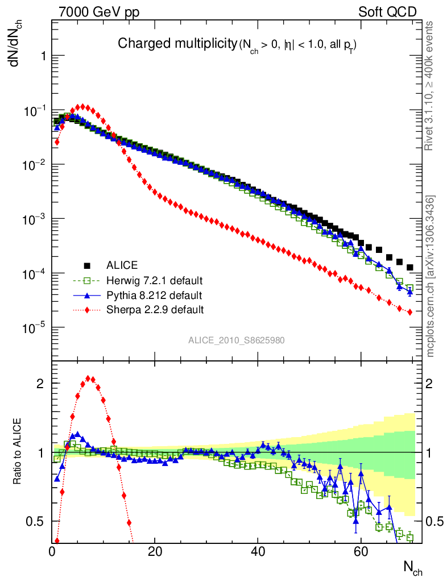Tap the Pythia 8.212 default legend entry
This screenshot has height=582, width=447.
tap(154, 295)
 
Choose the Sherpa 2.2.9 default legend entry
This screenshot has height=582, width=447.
tap(155, 310)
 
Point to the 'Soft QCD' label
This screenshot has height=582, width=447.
tap(387, 12)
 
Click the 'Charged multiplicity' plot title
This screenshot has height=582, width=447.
tap(176, 43)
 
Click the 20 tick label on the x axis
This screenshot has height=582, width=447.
tap(155, 551)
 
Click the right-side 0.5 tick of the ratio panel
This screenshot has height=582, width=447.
tap(435, 522)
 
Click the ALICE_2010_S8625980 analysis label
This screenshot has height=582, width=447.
tap(237, 340)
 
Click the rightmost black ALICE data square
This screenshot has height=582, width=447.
tap(410, 267)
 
